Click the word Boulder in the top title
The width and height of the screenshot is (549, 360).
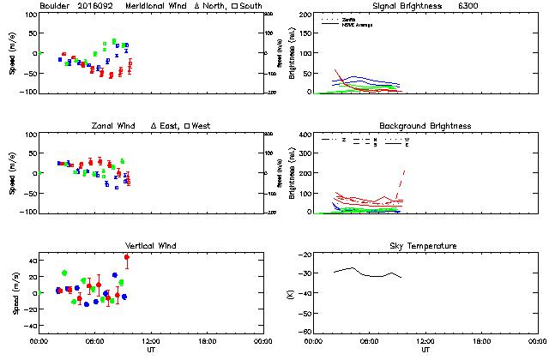point(54,6)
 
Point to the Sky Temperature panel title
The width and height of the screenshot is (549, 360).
point(425,246)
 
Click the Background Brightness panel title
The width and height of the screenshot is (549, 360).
point(425,126)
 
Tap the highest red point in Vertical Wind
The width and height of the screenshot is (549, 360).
point(127,257)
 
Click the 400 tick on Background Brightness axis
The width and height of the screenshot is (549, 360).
point(304,135)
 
